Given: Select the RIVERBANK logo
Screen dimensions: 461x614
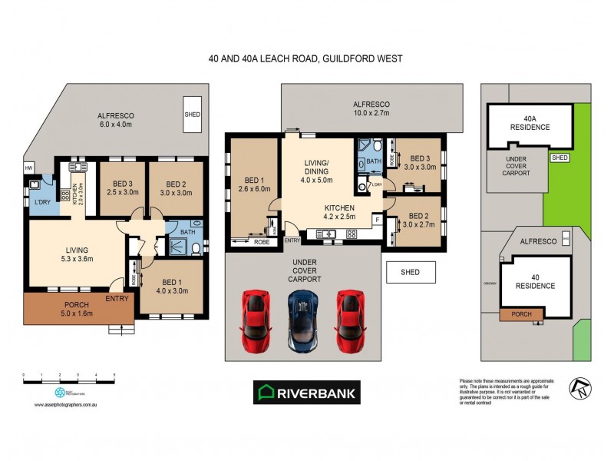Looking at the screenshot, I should [x=306, y=393].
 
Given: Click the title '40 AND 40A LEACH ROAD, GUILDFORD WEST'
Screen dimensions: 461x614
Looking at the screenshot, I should [x=305, y=58].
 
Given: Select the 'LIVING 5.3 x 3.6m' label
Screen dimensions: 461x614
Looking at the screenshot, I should [x=76, y=254].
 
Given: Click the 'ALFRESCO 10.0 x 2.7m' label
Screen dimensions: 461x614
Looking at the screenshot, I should [x=371, y=108].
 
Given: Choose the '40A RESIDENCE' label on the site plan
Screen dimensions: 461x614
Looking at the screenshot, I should [x=531, y=123].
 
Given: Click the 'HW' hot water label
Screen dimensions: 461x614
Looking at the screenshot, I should [x=29, y=168].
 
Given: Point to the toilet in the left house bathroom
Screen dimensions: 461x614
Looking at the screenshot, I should [x=196, y=247].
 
